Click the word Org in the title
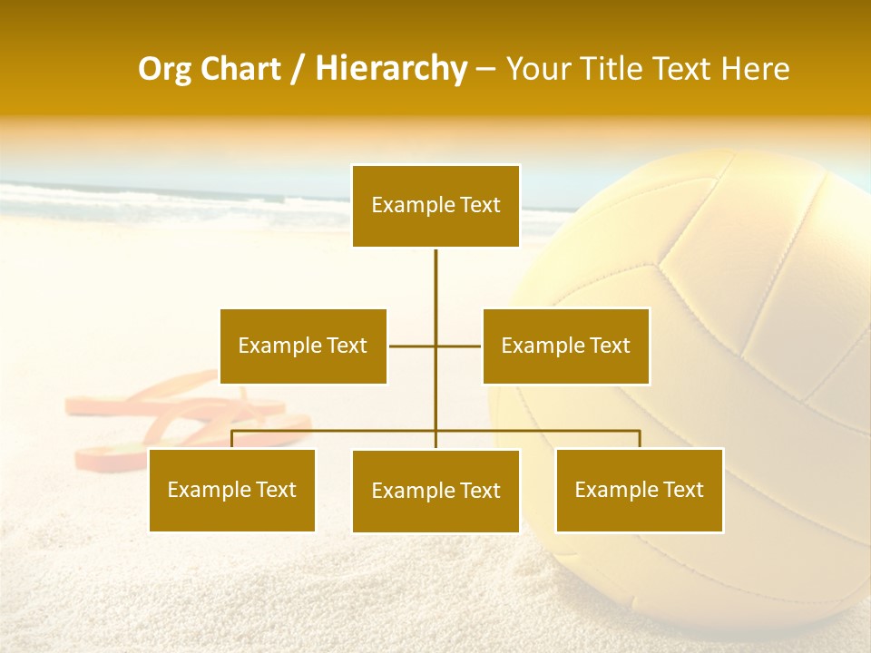(167, 69)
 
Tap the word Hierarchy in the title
(390, 69)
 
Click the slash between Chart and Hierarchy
(298, 70)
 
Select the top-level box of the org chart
(435, 206)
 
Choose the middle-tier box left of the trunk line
(303, 346)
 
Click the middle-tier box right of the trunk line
(565, 346)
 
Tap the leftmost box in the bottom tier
(231, 490)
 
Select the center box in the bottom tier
(435, 491)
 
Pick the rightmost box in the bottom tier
(639, 490)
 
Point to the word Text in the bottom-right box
(682, 490)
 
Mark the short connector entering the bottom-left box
(232, 439)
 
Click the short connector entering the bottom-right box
(640, 439)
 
